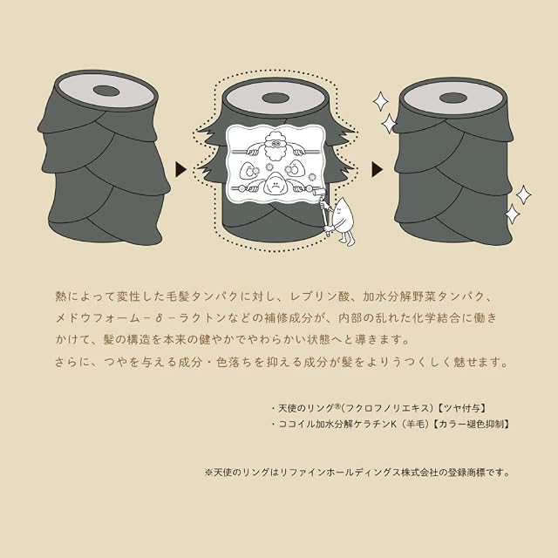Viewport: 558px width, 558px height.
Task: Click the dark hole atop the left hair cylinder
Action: point(106,91)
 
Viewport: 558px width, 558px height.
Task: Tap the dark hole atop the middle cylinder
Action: point(275,99)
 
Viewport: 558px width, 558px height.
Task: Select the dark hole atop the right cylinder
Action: point(453,98)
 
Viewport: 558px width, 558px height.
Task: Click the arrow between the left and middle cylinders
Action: point(180,169)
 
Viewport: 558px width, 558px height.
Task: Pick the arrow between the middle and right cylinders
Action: point(378,169)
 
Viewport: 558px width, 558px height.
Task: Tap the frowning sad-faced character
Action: point(275,182)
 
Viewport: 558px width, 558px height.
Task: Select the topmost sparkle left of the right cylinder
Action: point(380,101)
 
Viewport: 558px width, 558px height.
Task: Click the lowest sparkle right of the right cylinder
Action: point(513,214)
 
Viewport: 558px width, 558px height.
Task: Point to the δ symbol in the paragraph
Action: point(159,318)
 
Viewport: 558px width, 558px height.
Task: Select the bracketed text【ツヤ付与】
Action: point(462,408)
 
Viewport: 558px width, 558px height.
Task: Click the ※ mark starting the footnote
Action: point(208,473)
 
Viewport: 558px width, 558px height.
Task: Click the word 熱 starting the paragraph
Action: point(61,296)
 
